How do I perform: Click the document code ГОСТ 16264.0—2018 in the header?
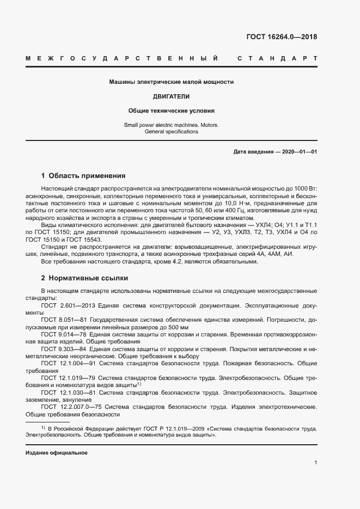(282, 37)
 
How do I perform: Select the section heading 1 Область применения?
(83, 176)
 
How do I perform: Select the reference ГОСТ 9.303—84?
(63, 348)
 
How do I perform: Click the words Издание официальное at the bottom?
(57, 453)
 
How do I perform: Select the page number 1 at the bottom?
(315, 463)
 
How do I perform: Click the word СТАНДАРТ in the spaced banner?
(277, 58)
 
